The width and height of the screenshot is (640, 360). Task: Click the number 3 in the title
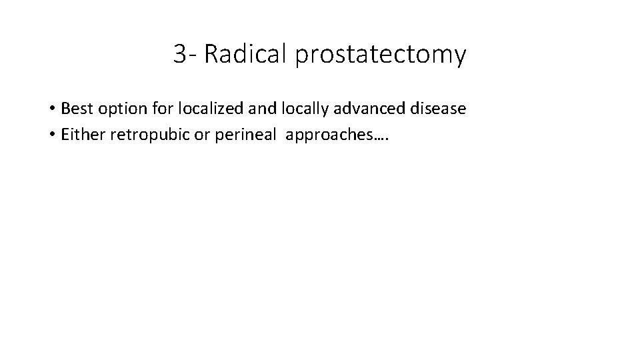(x=179, y=54)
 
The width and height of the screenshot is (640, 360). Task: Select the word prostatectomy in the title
(x=379, y=55)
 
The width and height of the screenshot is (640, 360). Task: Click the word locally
(x=300, y=108)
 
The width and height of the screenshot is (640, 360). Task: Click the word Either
(x=81, y=135)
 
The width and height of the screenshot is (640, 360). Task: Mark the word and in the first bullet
(x=257, y=107)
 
